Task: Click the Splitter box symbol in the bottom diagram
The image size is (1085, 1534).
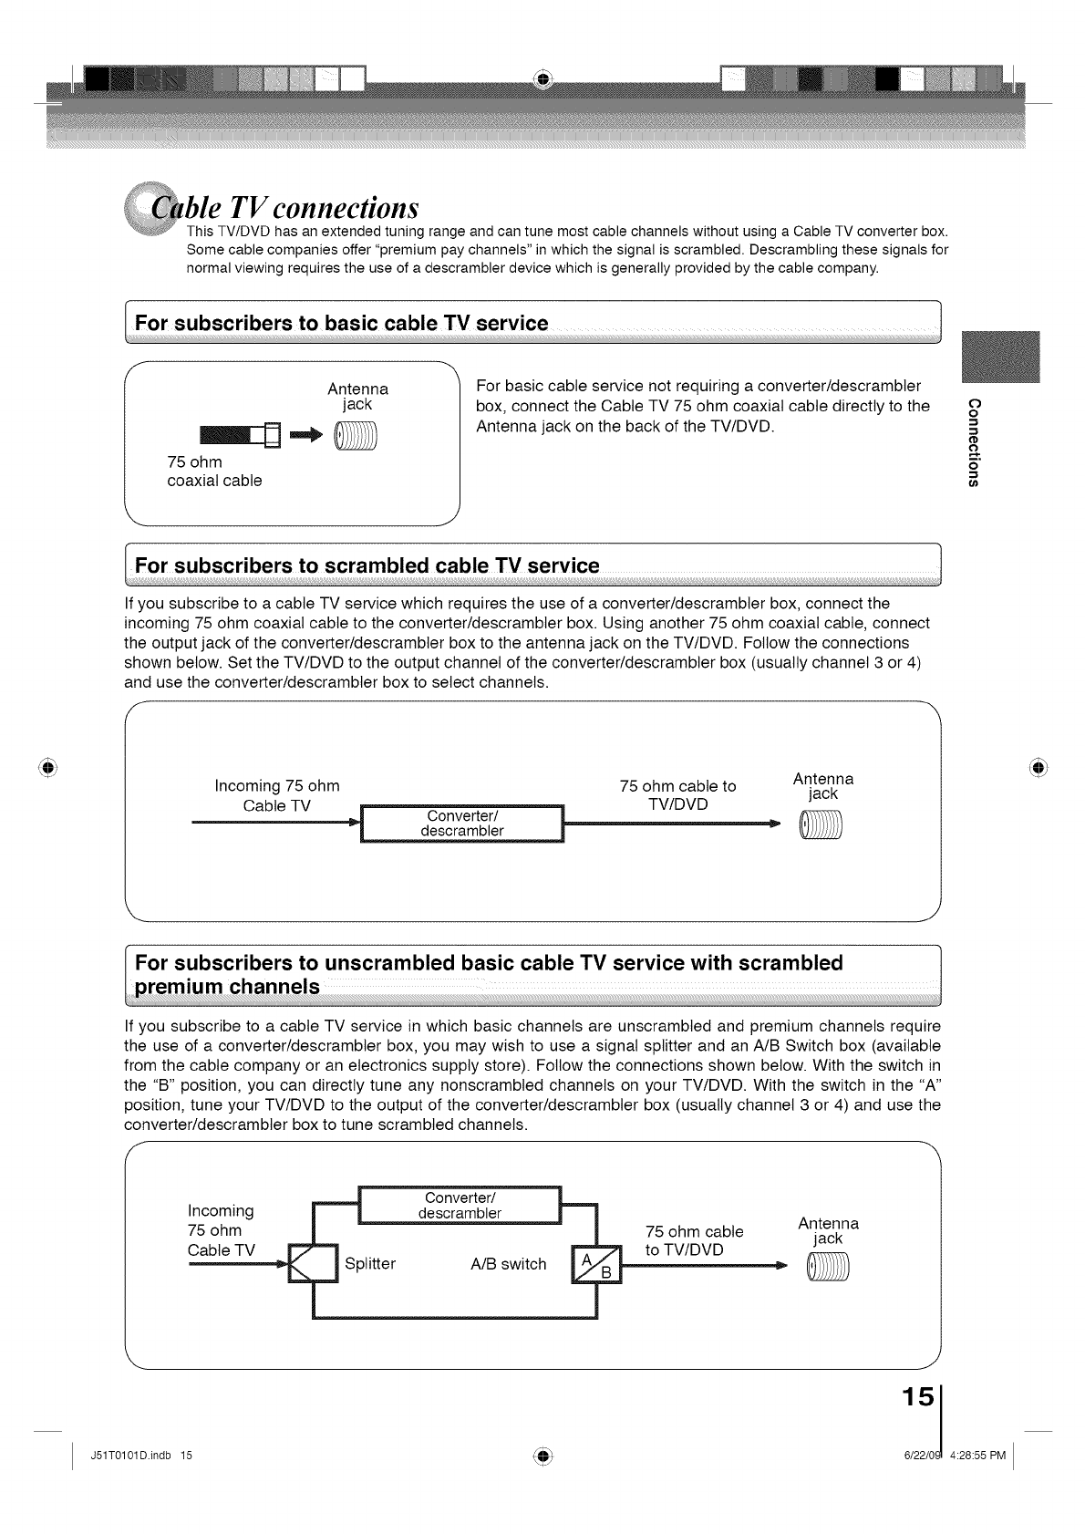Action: pos(313,1263)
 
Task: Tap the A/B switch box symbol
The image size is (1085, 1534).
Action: pos(595,1263)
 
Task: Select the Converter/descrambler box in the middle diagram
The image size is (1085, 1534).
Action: pos(463,824)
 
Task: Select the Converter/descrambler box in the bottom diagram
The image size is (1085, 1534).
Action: pos(460,1206)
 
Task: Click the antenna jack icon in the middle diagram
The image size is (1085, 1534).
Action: pos(821,826)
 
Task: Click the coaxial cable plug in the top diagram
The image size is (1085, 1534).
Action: pos(236,439)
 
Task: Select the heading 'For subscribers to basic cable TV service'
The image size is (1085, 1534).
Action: pos(342,324)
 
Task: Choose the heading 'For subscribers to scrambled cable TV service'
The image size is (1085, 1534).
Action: pos(367,566)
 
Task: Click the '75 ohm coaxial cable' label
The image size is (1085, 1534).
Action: pos(214,472)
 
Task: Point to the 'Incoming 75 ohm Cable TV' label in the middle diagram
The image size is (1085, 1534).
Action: pos(277,795)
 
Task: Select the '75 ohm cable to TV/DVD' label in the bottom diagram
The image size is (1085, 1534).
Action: pos(694,1240)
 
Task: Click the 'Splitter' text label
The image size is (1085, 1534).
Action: pos(370,1264)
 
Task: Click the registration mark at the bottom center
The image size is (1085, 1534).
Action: pos(542,1455)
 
